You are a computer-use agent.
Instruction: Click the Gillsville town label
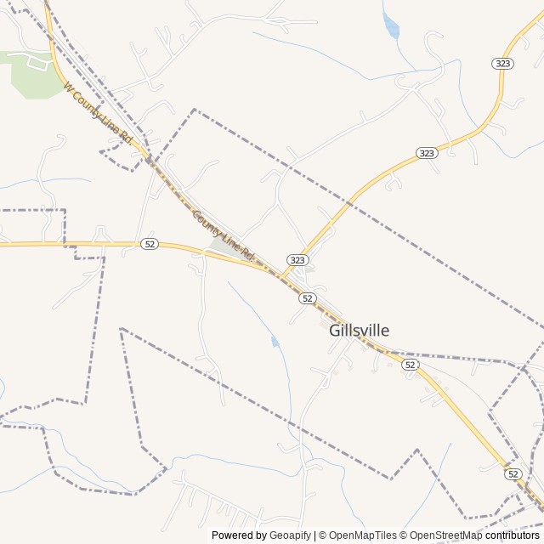(359, 331)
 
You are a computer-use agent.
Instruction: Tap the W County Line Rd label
(99, 111)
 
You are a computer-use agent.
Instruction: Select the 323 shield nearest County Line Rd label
(297, 259)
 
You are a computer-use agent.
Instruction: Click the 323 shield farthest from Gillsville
(501, 64)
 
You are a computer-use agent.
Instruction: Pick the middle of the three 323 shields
(427, 153)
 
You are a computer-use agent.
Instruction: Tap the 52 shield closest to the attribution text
(513, 473)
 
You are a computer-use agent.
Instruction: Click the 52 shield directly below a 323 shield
(307, 297)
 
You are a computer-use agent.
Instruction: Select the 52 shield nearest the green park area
(150, 244)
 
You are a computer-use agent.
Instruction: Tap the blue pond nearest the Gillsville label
(275, 342)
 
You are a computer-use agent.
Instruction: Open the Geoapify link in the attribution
(291, 535)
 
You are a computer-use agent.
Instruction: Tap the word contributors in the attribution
(513, 535)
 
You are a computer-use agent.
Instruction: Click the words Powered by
(238, 535)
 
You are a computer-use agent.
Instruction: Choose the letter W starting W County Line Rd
(67, 86)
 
